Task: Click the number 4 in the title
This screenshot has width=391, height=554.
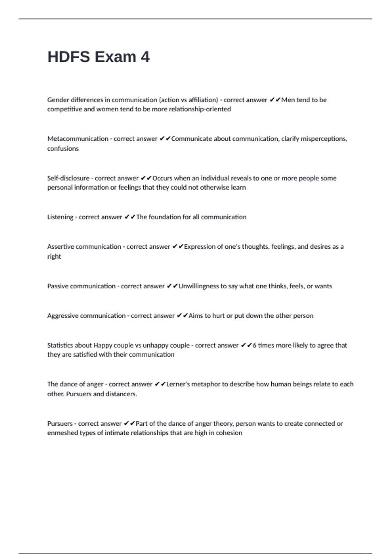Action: pos(145,57)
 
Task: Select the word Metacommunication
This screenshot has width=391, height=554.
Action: pos(78,139)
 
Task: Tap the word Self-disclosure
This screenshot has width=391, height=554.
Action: pos(68,178)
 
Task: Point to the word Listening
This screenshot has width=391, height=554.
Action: pos(60,217)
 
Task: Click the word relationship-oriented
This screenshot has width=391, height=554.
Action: pos(200,109)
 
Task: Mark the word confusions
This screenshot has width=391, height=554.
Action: pos(63,149)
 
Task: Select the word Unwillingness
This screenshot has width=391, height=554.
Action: pos(199,286)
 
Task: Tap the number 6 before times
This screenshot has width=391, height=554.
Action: pos(254,345)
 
